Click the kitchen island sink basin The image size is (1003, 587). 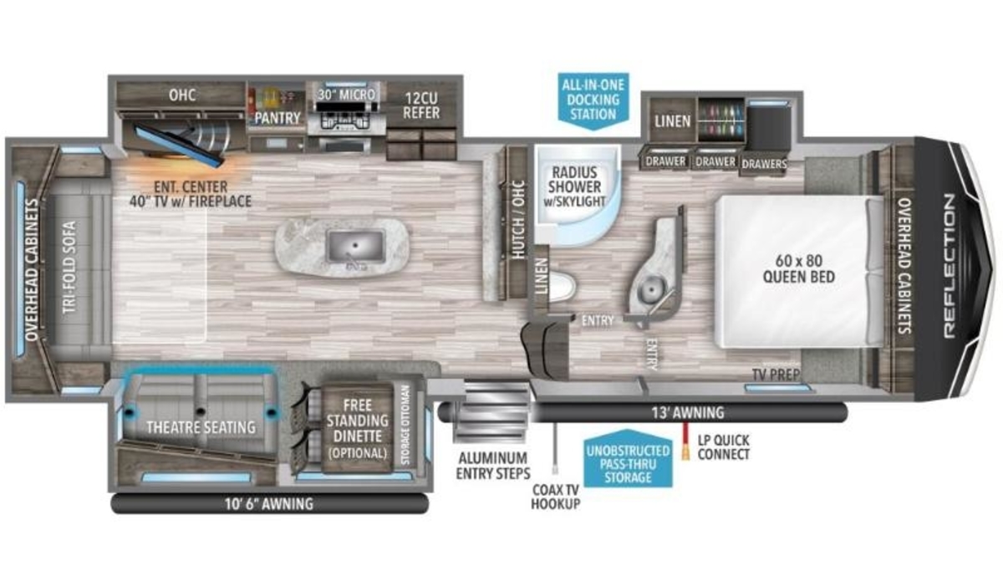click(356, 246)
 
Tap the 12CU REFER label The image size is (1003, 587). click(421, 105)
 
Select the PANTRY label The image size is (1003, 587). click(277, 118)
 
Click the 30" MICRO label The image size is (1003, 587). click(347, 94)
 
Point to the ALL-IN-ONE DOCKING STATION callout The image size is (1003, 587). click(593, 101)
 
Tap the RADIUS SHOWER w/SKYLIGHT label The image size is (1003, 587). click(574, 186)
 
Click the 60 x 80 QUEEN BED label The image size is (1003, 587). click(799, 269)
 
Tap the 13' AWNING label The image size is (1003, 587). click(688, 412)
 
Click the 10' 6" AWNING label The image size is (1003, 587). click(269, 504)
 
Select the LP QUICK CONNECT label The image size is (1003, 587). click(723, 447)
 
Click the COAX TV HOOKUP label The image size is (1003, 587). click(556, 497)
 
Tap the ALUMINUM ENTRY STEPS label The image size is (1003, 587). click(493, 466)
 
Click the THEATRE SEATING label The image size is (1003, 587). click(201, 427)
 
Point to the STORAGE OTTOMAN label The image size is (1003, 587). click(405, 425)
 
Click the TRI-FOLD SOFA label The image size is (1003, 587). click(69, 267)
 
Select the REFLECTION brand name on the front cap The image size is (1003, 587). click(949, 266)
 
